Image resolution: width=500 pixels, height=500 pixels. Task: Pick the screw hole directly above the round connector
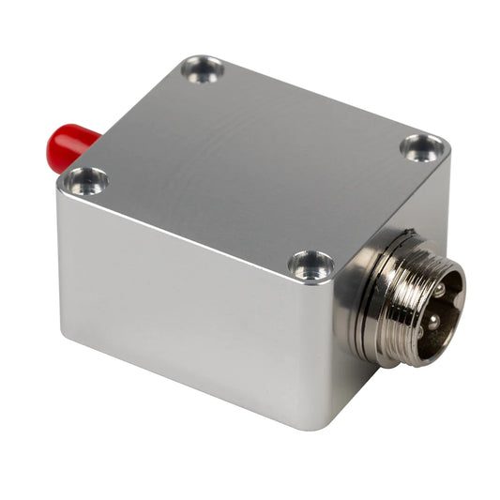pyautogui.click(x=422, y=148)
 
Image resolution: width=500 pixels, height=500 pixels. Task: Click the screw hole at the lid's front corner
pyautogui.click(x=311, y=265)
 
